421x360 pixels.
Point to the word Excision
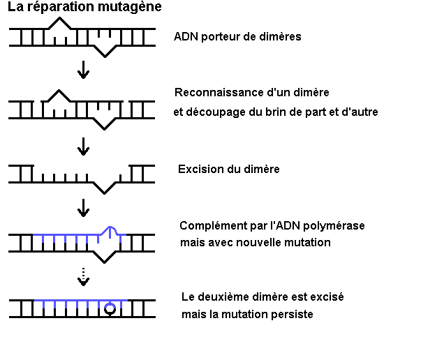tap(200, 169)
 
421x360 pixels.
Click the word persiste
tap(291, 314)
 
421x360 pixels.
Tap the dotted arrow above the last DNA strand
tap(83, 276)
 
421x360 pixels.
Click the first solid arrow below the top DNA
tap(83, 69)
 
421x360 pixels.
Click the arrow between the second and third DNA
tap(83, 146)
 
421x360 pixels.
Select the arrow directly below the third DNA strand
tap(83, 207)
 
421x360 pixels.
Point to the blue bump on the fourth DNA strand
tap(110, 229)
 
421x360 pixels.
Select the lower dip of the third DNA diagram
tap(106, 188)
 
